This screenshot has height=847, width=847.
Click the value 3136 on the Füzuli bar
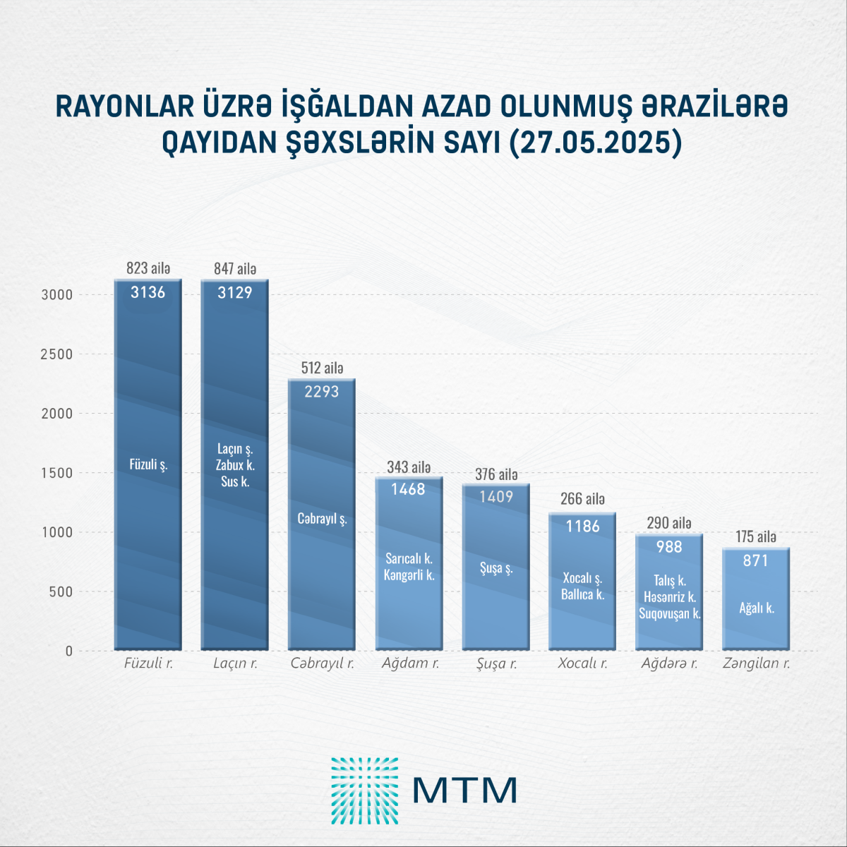click(x=148, y=292)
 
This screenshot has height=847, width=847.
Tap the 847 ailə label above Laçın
click(x=235, y=269)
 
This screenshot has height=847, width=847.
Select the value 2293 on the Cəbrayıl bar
click(x=322, y=392)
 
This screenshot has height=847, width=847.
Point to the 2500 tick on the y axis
click(x=56, y=354)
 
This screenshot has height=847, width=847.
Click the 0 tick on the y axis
click(x=69, y=651)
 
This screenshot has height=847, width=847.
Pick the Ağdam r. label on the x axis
click(x=410, y=663)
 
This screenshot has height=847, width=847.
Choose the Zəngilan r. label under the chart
click(x=756, y=663)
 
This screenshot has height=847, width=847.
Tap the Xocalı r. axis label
click(x=582, y=663)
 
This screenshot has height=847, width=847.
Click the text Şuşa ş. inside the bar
click(x=496, y=568)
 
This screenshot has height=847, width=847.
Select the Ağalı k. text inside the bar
click(x=757, y=608)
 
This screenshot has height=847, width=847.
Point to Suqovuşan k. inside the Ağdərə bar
click(x=670, y=613)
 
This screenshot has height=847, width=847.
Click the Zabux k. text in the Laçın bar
click(x=235, y=465)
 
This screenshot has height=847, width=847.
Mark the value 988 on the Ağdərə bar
click(x=669, y=547)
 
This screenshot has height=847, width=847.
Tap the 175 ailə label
click(x=756, y=537)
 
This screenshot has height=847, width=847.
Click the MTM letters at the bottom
click(x=465, y=791)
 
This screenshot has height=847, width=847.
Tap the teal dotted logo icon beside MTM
click(x=364, y=791)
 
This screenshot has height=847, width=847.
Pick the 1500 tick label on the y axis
click(x=56, y=473)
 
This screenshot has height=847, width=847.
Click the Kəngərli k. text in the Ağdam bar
click(x=409, y=575)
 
